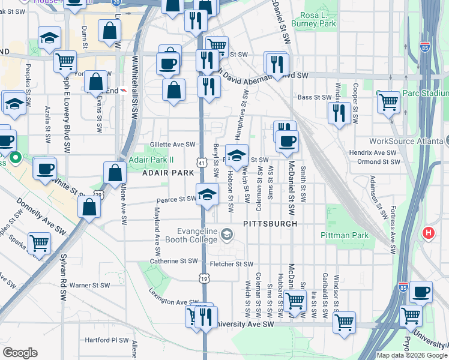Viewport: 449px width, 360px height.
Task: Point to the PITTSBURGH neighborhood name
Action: (x=270, y=223)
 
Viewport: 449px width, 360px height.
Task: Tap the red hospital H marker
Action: (x=429, y=233)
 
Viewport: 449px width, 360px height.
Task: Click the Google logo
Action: (x=20, y=353)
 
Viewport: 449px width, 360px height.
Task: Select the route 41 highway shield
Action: (x=202, y=163)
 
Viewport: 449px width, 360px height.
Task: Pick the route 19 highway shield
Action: (x=205, y=278)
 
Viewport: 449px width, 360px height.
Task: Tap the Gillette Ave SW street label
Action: (x=173, y=145)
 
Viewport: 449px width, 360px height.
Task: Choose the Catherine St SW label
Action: (x=173, y=261)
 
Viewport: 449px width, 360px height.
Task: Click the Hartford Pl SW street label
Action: (x=107, y=340)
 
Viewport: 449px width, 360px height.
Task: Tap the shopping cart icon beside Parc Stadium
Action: (x=389, y=103)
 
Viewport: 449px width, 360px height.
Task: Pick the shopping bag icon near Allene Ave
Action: (x=115, y=173)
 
